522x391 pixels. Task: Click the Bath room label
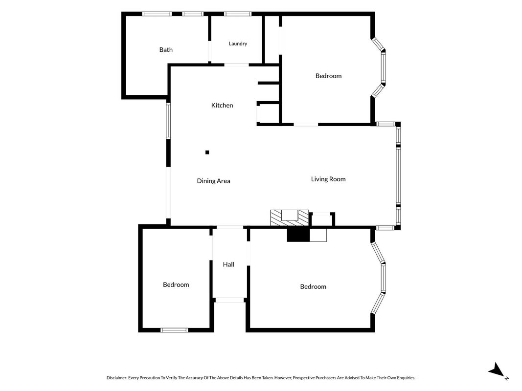coord(166,50)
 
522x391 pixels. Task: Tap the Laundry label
coord(238,43)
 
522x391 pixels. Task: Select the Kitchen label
coord(222,106)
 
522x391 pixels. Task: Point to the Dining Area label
coord(213,181)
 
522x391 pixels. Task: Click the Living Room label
coord(328,179)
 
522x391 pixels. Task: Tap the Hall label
coord(228,264)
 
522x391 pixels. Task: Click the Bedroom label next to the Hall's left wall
coord(176,284)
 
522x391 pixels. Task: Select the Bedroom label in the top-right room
coord(328,76)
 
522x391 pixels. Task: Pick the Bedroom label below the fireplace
coord(313,286)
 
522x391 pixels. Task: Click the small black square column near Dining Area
coord(207,152)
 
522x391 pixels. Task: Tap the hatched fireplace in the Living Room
coord(290,218)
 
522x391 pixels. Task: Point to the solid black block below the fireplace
coord(298,235)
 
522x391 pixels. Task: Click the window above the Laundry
coord(237,14)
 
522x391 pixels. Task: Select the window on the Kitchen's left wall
coord(168,121)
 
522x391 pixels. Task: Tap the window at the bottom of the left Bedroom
coord(174,330)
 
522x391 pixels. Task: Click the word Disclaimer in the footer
coord(117,378)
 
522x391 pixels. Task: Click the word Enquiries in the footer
coord(406,378)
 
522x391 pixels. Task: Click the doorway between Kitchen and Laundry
coord(236,65)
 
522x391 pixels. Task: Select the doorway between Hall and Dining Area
coord(230,227)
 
